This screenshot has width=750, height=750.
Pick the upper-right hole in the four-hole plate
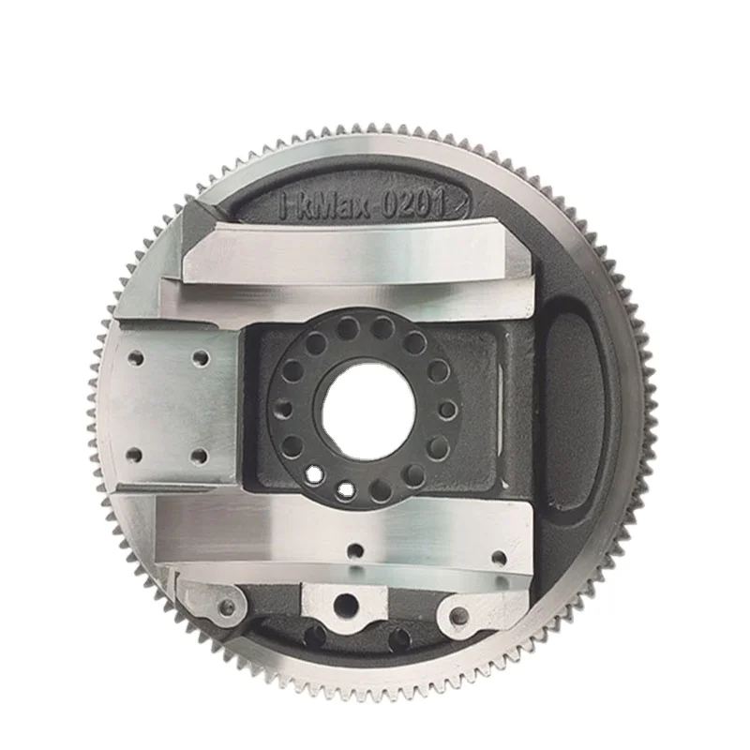point(200,357)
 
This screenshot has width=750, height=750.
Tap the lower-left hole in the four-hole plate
point(135,455)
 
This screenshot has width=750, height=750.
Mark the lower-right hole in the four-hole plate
point(198,457)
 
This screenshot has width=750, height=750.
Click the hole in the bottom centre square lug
point(346,604)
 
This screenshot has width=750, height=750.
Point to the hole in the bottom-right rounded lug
point(459,616)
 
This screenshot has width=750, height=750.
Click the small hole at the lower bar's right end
point(499,559)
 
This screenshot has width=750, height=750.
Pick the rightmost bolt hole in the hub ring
point(448,410)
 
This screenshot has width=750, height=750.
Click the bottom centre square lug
point(344,600)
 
